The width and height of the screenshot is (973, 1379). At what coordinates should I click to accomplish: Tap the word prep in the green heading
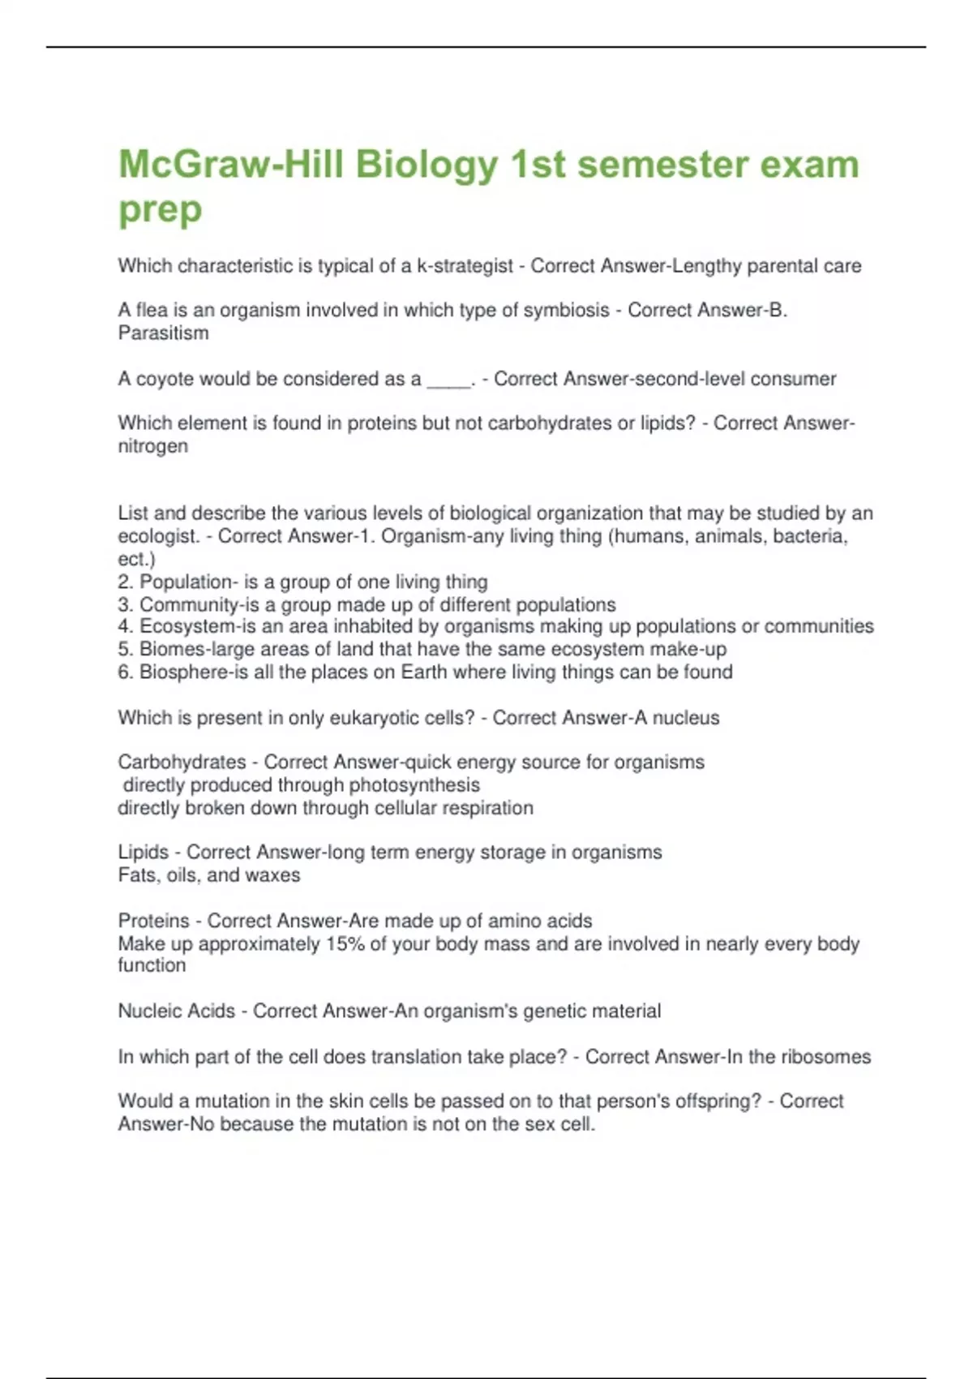pos(160,210)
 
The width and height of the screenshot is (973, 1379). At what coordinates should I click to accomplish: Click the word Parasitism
pos(163,333)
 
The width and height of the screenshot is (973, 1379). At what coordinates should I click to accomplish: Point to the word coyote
pos(165,379)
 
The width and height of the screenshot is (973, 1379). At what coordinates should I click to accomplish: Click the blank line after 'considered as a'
pos(448,380)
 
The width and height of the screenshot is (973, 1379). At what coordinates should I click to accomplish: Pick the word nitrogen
pos(152,446)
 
